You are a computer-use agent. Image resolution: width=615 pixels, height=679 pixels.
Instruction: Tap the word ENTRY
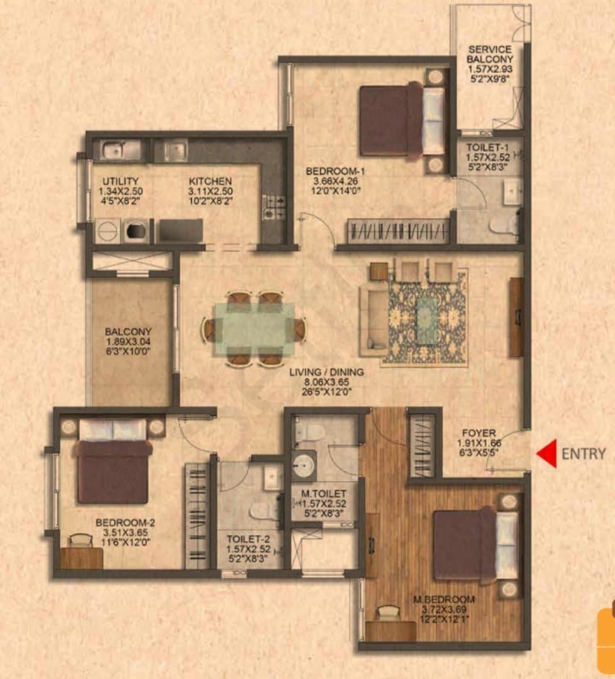584,454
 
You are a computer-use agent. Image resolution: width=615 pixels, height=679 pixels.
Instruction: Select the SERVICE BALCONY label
490,54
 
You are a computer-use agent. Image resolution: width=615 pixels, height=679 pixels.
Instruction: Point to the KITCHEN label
210,181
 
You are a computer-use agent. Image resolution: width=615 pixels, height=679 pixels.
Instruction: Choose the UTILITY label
120,181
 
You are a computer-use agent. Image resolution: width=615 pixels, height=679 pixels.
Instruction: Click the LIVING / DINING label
326,372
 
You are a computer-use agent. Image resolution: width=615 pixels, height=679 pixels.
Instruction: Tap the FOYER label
479,433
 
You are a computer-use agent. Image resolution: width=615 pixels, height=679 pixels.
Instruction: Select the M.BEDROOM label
444,600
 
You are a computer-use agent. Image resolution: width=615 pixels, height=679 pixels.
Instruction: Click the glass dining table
254,329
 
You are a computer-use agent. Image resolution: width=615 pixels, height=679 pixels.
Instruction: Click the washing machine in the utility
136,231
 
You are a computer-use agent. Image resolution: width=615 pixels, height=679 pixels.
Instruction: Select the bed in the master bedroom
475,544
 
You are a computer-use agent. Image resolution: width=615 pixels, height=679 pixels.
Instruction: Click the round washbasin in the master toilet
304,465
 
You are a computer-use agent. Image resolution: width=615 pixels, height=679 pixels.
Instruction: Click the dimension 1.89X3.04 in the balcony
128,341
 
